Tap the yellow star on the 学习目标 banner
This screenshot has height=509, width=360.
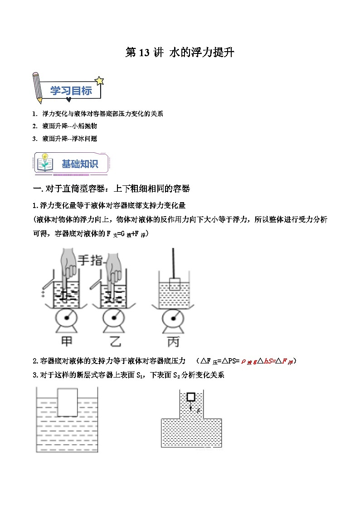tap(99, 81)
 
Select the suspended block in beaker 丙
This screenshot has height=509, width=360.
tap(174, 283)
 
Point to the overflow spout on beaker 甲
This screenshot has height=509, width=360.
tap(47, 284)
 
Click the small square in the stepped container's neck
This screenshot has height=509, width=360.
tap(191, 397)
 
